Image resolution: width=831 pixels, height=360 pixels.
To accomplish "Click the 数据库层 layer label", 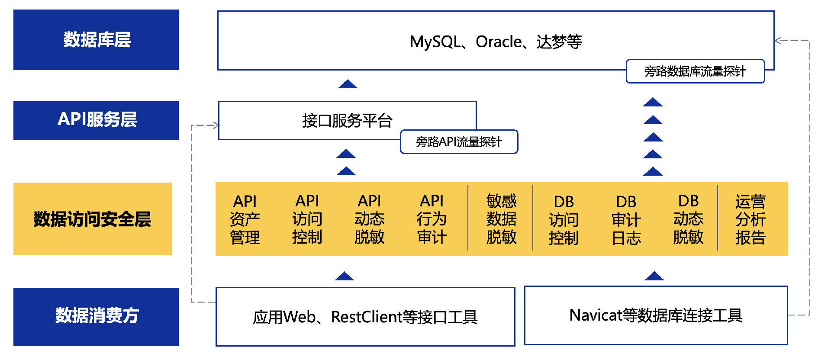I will pyautogui.click(x=97, y=40).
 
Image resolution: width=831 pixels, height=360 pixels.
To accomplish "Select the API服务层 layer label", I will pyautogui.click(x=97, y=120).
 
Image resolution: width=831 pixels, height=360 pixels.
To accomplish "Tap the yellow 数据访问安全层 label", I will pyautogui.click(x=92, y=219).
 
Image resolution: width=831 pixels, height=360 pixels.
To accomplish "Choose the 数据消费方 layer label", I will pyautogui.click(x=97, y=316).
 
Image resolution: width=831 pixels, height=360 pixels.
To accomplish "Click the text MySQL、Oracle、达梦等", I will pyautogui.click(x=496, y=42).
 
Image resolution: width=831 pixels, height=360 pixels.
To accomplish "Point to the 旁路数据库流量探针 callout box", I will pyautogui.click(x=695, y=71).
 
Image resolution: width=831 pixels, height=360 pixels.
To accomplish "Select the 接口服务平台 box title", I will pyautogui.click(x=347, y=120).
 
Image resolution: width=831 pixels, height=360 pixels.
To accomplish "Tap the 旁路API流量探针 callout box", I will pyautogui.click(x=459, y=142).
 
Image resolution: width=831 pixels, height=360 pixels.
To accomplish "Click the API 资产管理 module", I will pyautogui.click(x=245, y=219).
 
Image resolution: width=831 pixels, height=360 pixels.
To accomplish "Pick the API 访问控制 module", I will pyautogui.click(x=307, y=219).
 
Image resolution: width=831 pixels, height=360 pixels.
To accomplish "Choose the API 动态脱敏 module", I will pyautogui.click(x=370, y=219).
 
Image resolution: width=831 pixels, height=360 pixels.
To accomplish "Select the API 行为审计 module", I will pyautogui.click(x=432, y=219).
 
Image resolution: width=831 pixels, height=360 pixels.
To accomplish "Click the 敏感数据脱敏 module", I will pyautogui.click(x=501, y=219).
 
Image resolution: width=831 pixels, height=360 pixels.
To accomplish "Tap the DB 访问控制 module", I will pyautogui.click(x=564, y=220).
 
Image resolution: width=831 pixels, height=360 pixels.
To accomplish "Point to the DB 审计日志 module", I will pyautogui.click(x=626, y=220).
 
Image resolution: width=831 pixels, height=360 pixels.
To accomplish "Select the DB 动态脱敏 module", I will pyautogui.click(x=688, y=219).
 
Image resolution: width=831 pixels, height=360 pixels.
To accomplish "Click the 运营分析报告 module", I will pyautogui.click(x=750, y=220).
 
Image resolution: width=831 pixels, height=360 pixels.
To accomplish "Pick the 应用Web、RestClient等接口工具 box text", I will pyautogui.click(x=365, y=317).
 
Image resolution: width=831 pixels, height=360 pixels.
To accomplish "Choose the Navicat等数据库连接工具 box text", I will pyautogui.click(x=656, y=315).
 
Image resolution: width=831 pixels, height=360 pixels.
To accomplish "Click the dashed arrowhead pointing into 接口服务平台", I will pyautogui.click(x=215, y=125).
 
